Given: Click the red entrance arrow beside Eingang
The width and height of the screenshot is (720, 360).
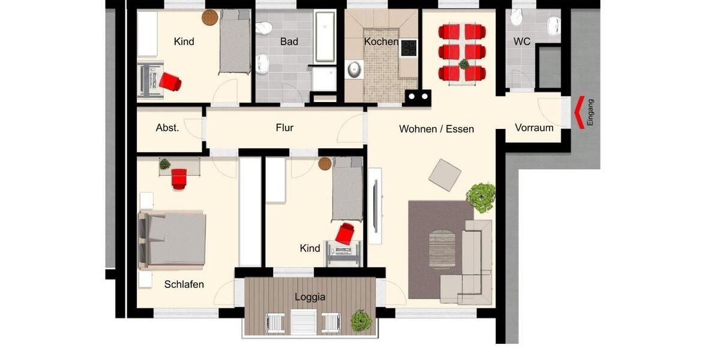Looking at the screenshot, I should pyautogui.click(x=579, y=113).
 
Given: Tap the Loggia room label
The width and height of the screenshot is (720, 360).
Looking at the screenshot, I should pyautogui.click(x=310, y=297).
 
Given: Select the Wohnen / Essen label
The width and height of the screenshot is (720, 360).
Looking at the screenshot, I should pyautogui.click(x=436, y=129).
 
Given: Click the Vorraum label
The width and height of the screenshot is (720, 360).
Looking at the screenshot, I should pyautogui.click(x=533, y=128).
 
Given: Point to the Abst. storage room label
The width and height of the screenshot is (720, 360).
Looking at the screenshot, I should pyautogui.click(x=167, y=128).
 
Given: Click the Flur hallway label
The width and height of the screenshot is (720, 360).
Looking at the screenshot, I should pyautogui.click(x=284, y=128).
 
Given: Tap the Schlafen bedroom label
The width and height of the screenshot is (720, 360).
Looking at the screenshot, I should pyautogui.click(x=184, y=284).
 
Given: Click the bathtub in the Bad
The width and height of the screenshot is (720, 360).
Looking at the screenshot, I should pyautogui.click(x=325, y=38).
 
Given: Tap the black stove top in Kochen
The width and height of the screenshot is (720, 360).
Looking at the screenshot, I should pyautogui.click(x=409, y=47).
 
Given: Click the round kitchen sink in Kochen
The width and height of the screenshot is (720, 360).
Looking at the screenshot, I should pyautogui.click(x=354, y=70).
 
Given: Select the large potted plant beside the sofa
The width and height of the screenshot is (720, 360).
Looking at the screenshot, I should pyautogui.click(x=481, y=196).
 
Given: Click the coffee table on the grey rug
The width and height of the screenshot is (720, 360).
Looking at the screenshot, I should pyautogui.click(x=442, y=249).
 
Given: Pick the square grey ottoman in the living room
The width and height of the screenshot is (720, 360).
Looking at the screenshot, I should pyautogui.click(x=445, y=175).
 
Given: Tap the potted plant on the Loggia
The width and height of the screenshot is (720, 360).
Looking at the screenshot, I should pyautogui.click(x=361, y=320).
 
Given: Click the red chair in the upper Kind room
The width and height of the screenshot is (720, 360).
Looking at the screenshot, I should pyautogui.click(x=170, y=82).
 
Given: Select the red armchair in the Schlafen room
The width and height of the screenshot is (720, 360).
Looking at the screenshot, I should pyautogui.click(x=179, y=178).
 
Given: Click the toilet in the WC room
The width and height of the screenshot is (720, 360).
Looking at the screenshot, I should pyautogui.click(x=516, y=18).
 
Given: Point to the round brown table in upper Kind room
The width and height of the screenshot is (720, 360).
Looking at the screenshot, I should pyautogui.click(x=209, y=17).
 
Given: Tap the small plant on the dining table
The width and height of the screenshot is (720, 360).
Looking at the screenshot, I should pyautogui.click(x=463, y=64).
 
